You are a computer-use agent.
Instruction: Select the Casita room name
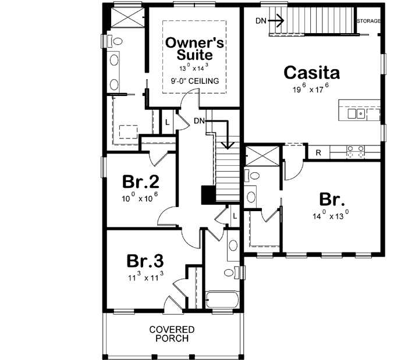pos(311,73)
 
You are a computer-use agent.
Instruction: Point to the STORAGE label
pos(368,21)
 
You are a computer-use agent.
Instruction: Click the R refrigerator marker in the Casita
pos(318,153)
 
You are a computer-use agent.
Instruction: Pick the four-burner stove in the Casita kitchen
pos(355,152)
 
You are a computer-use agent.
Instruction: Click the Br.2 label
pos(141,182)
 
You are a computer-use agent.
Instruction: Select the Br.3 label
pos(145,259)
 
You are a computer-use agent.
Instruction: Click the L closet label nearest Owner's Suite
pos(167,122)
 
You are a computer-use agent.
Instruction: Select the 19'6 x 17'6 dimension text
pos(311,90)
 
